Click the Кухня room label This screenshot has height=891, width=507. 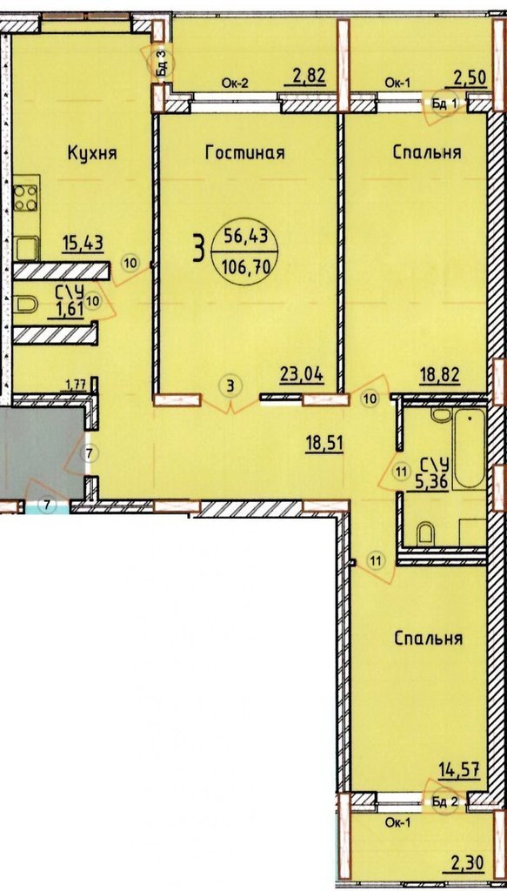tap(92, 152)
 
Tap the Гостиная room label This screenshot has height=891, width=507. tap(244, 152)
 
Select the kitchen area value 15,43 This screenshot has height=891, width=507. tap(83, 244)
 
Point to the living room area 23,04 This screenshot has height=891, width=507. tap(302, 373)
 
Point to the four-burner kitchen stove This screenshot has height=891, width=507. tap(26, 199)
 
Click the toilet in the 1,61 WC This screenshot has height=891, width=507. tap(26, 306)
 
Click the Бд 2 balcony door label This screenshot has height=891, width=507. tap(444, 801)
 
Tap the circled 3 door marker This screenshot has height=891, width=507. tap(230, 385)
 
